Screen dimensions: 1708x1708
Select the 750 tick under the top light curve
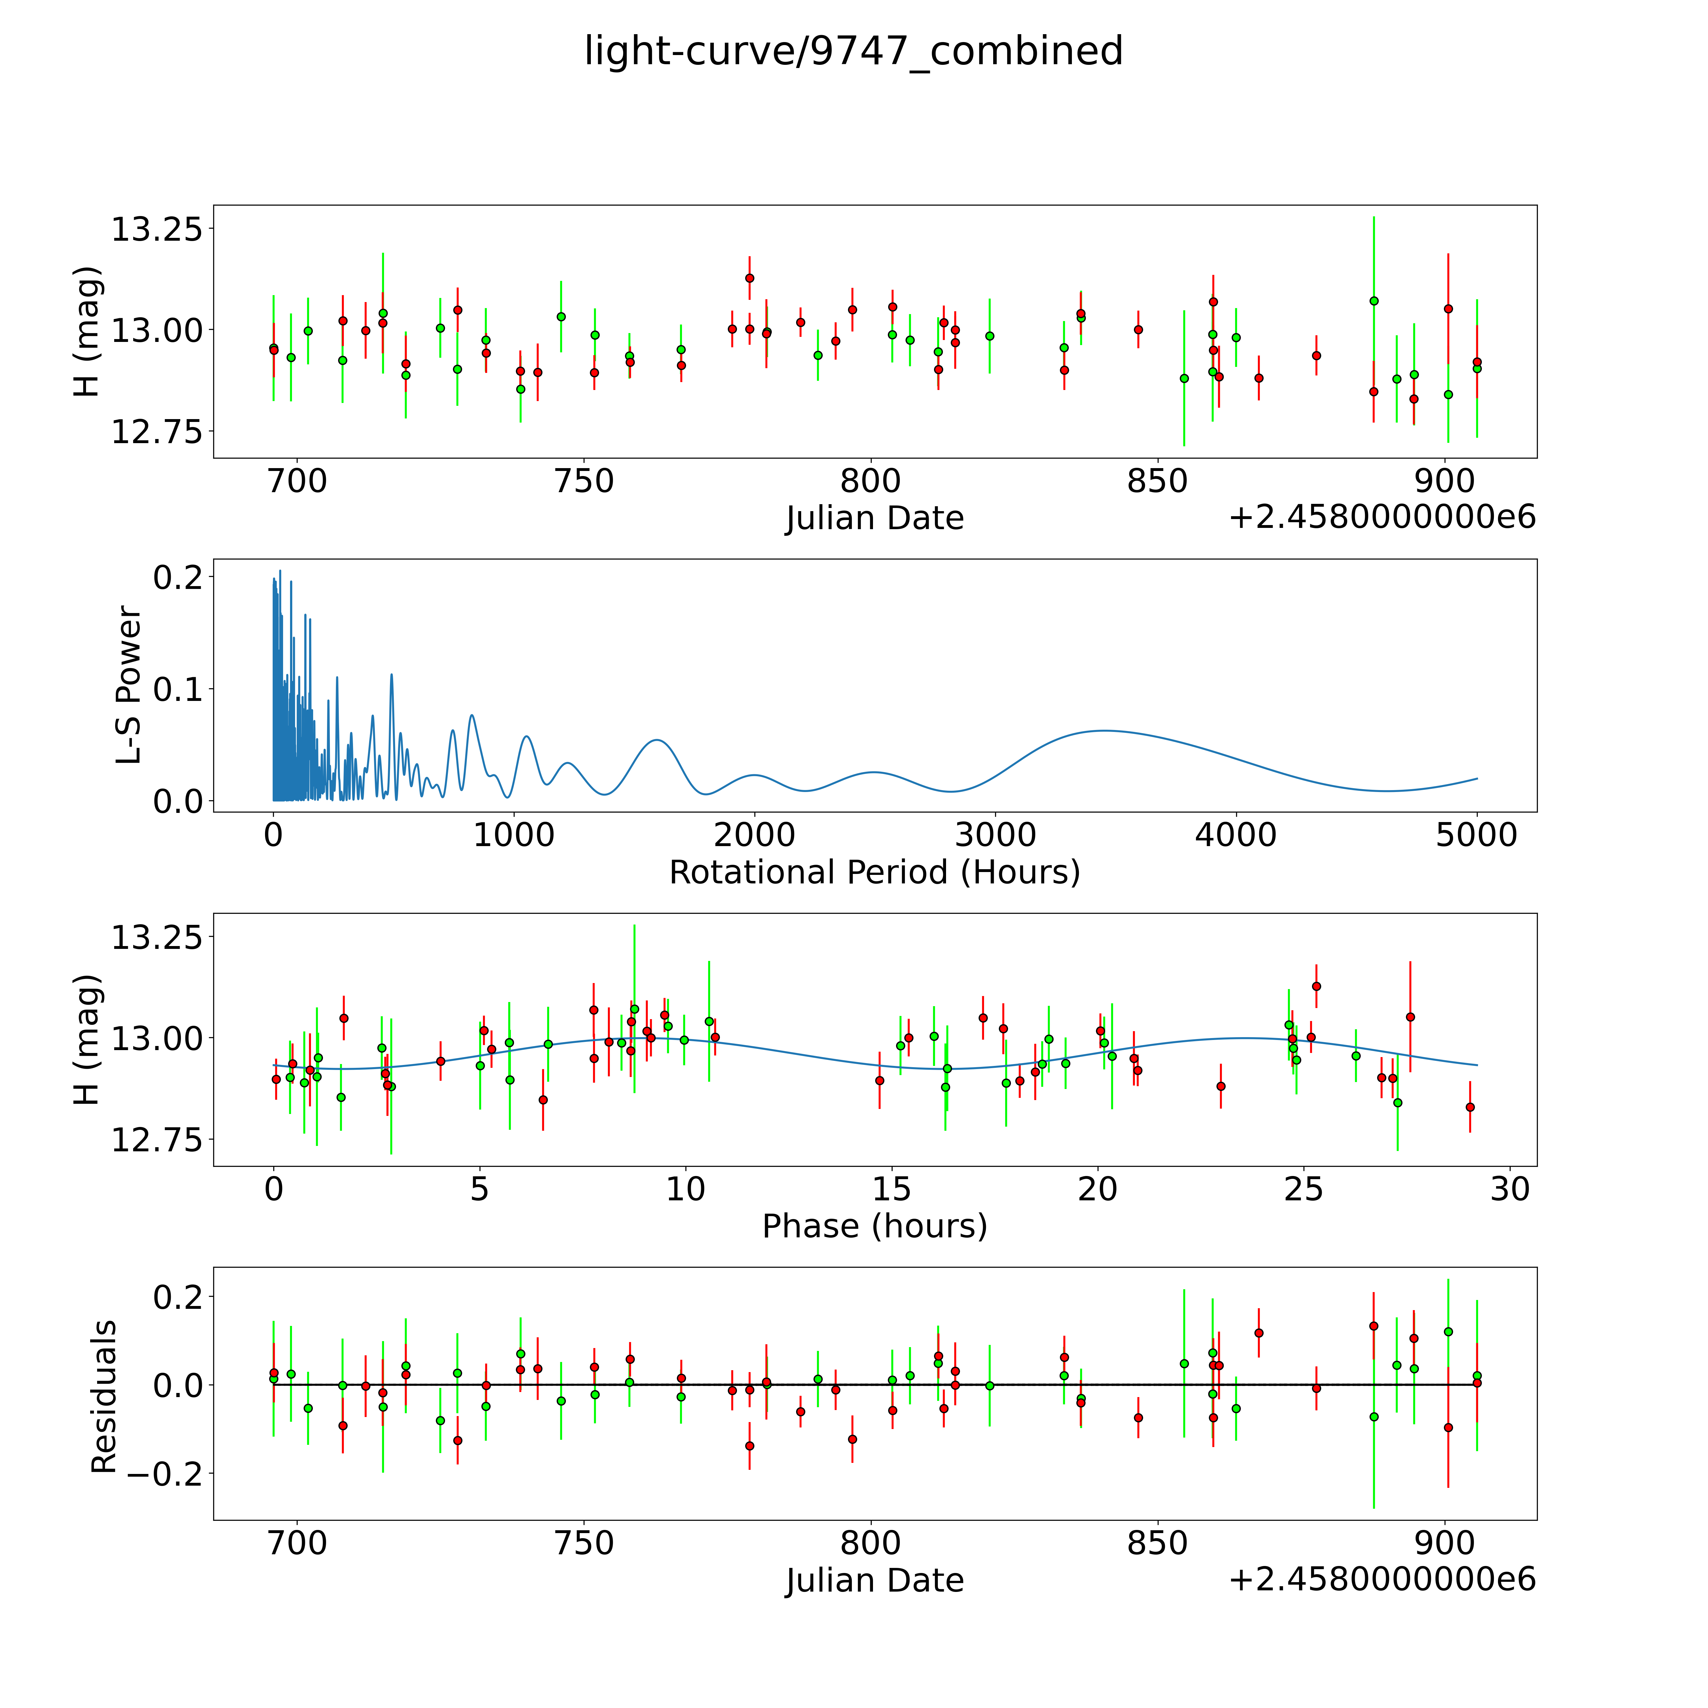coord(584,482)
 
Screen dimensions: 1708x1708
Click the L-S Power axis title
coord(129,685)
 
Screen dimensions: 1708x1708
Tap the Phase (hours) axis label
coord(874,1226)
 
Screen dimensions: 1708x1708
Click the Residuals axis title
coord(103,1397)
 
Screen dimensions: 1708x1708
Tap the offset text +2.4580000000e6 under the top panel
coord(1382,517)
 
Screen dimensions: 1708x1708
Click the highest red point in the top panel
coord(750,278)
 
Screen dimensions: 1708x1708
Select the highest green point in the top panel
coord(1374,300)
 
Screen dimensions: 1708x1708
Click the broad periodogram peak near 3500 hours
coord(1103,730)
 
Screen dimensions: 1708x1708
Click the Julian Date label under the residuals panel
coord(874,1580)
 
